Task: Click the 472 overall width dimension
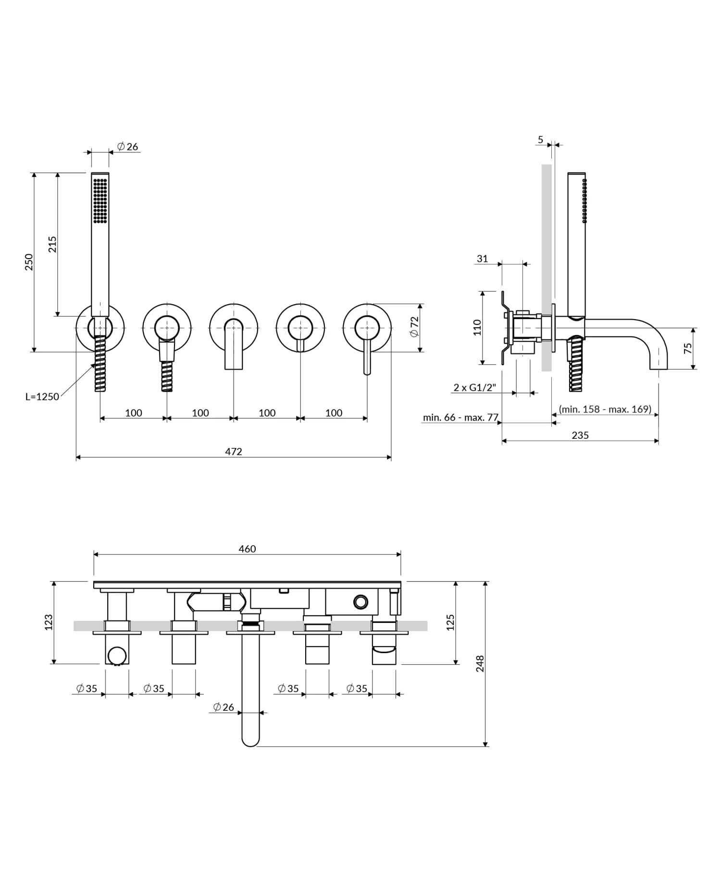click(234, 451)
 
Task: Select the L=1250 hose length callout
click(42, 397)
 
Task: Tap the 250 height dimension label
click(29, 262)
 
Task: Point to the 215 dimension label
click(52, 244)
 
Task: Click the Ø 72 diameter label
click(414, 327)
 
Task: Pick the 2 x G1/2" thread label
click(474, 387)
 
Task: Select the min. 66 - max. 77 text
click(460, 417)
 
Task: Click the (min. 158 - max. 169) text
click(605, 409)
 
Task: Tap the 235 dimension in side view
click(580, 435)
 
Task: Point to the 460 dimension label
click(247, 549)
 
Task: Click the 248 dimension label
click(480, 664)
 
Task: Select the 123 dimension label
click(49, 622)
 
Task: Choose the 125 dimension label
click(450, 622)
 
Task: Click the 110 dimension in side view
click(477, 327)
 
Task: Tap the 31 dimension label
click(482, 259)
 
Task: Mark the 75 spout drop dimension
click(688, 348)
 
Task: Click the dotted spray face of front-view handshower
click(100, 201)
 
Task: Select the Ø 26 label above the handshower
click(128, 147)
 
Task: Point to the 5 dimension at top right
click(540, 140)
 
